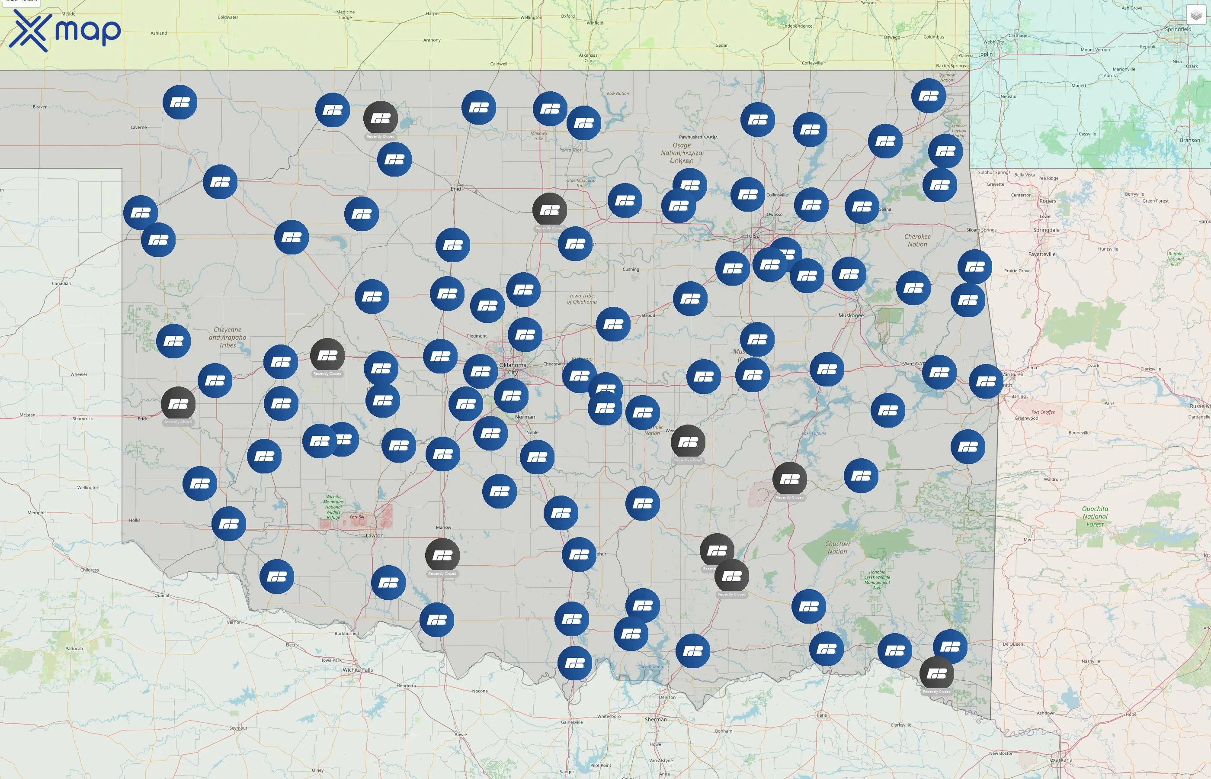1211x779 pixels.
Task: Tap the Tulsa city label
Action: click(753, 236)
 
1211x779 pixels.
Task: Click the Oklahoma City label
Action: click(513, 368)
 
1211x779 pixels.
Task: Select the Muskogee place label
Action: click(851, 315)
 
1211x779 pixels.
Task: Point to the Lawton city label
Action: click(375, 535)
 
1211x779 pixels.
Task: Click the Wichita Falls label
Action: click(358, 670)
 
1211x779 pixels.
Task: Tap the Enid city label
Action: click(456, 189)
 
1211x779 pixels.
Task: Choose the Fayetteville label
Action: click(1042, 254)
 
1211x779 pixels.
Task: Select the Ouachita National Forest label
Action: click(1095, 516)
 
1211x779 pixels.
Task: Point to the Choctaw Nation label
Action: click(837, 548)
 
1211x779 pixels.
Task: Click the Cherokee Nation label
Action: click(917, 240)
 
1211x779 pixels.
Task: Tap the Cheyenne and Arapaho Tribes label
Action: click(227, 338)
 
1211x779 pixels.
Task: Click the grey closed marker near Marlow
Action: click(442, 555)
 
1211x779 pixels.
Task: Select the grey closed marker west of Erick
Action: click(178, 404)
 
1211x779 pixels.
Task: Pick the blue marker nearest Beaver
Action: click(180, 102)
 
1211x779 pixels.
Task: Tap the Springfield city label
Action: click(1178, 29)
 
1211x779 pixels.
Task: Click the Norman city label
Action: click(525, 417)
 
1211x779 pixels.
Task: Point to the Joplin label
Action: click(986, 54)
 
